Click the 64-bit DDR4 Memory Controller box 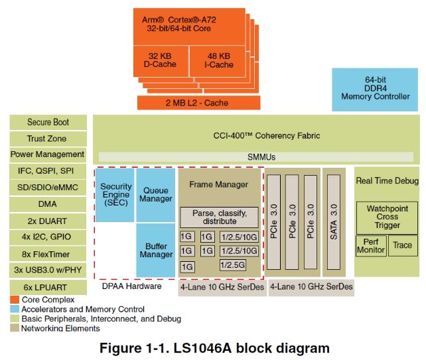375,88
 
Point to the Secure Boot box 48,122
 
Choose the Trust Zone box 48,139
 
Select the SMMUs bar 254,157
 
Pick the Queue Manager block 157,194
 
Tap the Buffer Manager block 157,250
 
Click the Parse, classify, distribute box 219,217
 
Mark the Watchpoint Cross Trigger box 387,216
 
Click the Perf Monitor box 371,245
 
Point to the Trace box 402,245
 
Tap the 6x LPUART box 48,287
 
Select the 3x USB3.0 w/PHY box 48,270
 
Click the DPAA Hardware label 131,286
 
